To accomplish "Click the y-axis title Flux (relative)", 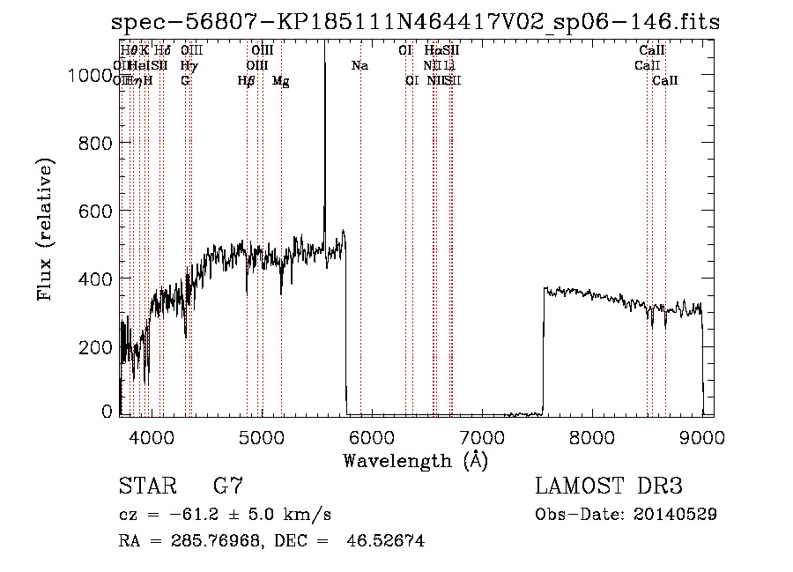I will point(45,229).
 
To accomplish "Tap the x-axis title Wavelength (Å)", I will point(415,460).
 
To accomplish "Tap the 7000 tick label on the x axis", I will point(482,436).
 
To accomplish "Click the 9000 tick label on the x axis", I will point(702,436).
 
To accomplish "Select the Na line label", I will point(359,65).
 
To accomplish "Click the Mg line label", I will point(280,81).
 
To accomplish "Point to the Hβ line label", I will point(246,81).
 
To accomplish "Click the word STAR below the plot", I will point(147,487).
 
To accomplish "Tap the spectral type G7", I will point(228,487).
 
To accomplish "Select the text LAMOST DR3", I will point(609,487).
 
